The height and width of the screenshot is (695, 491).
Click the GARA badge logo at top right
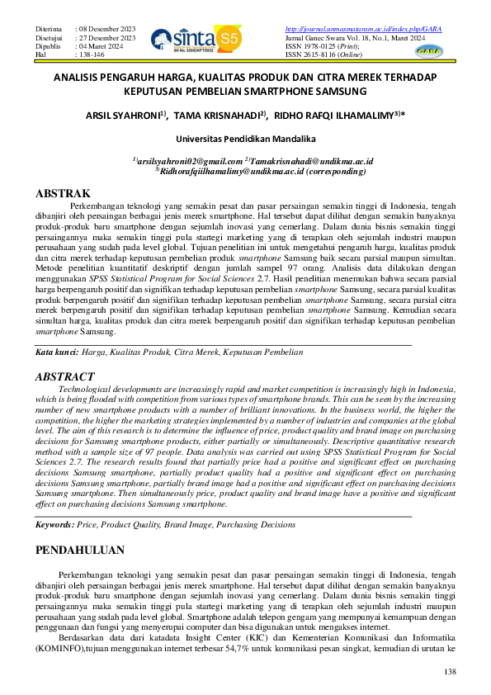[429, 50]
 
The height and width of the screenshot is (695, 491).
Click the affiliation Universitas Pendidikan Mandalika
[244, 139]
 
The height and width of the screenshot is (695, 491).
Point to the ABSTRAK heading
[63, 194]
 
